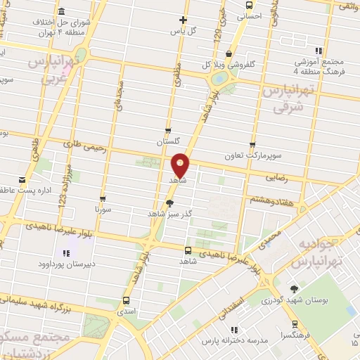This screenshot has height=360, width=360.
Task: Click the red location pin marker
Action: click(x=181, y=165)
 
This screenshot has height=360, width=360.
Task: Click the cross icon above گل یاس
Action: click(x=184, y=20)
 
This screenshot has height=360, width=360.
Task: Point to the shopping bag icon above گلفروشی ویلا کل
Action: click(x=229, y=53)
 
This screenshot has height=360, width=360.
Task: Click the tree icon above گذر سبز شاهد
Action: click(x=169, y=202)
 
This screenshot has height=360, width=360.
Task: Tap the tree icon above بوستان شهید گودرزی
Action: click(x=294, y=288)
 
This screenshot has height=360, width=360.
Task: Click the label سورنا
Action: click(x=103, y=210)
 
